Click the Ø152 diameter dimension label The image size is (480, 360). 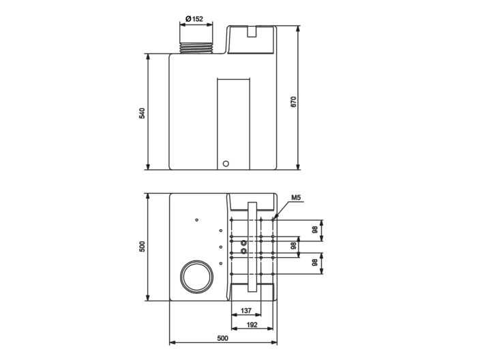pyautogui.click(x=194, y=18)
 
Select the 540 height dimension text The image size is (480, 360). pyautogui.click(x=142, y=112)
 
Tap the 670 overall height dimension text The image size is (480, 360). pyautogui.click(x=294, y=100)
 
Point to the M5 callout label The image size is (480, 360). pyautogui.click(x=296, y=198)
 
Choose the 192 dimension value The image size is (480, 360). pyautogui.click(x=252, y=325)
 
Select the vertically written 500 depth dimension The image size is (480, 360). pyautogui.click(x=142, y=247)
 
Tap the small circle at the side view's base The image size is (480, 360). pyautogui.click(x=227, y=164)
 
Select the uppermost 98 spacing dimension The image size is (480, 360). pyautogui.click(x=314, y=230)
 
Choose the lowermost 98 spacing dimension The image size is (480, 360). pyautogui.click(x=314, y=262)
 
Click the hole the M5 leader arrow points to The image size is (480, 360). pyautogui.click(x=274, y=219)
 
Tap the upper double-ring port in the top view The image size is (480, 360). pyautogui.click(x=233, y=240)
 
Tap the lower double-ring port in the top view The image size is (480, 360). pyautogui.click(x=233, y=251)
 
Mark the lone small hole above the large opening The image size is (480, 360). pyautogui.click(x=196, y=220)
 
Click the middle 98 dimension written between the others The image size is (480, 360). pyautogui.click(x=294, y=245)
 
